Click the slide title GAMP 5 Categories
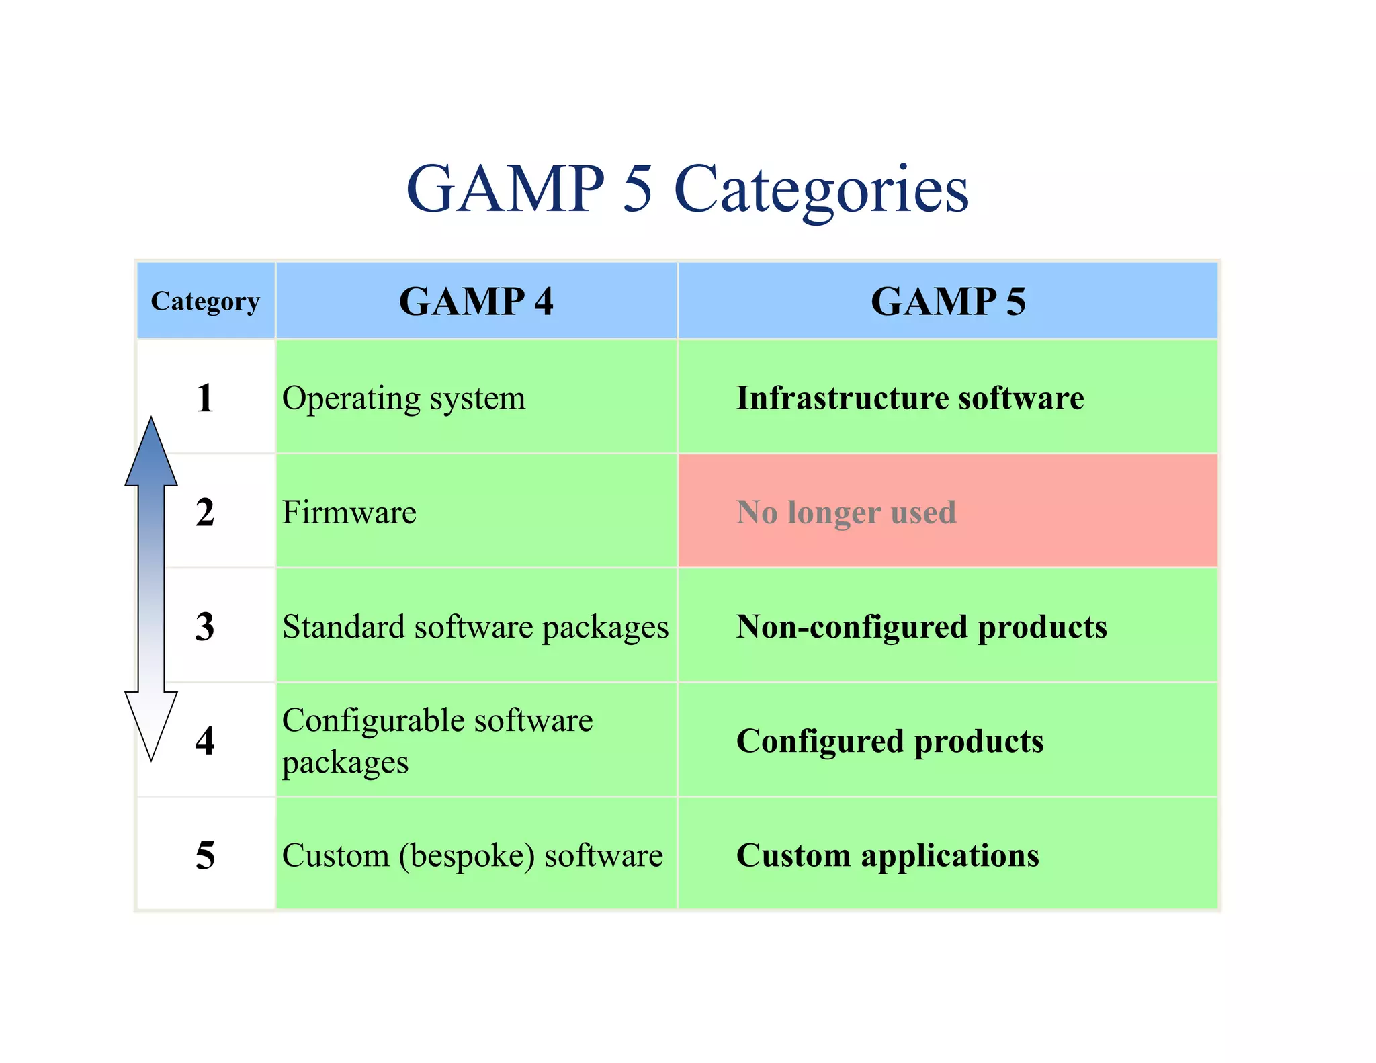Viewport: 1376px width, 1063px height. (687, 189)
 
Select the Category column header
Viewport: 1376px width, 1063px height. (205, 301)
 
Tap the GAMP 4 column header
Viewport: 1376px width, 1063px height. (476, 301)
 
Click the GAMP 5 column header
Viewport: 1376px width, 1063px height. (947, 301)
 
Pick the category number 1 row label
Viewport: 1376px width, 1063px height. (205, 398)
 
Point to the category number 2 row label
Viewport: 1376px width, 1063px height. (205, 512)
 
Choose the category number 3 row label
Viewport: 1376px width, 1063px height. (205, 626)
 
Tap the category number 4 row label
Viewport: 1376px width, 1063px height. (205, 740)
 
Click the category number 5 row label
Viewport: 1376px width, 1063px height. (205, 855)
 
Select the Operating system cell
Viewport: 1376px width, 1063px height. (404, 398)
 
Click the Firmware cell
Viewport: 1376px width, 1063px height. (349, 512)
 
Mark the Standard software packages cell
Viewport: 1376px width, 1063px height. (475, 626)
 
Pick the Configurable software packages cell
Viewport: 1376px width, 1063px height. (437, 740)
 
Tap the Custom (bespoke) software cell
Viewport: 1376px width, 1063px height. (472, 855)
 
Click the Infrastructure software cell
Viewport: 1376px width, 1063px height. (910, 398)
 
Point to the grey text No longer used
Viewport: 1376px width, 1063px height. (846, 512)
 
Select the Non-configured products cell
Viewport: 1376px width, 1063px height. (921, 626)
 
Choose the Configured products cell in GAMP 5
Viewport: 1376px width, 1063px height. (890, 740)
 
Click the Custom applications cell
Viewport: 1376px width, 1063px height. (888, 855)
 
